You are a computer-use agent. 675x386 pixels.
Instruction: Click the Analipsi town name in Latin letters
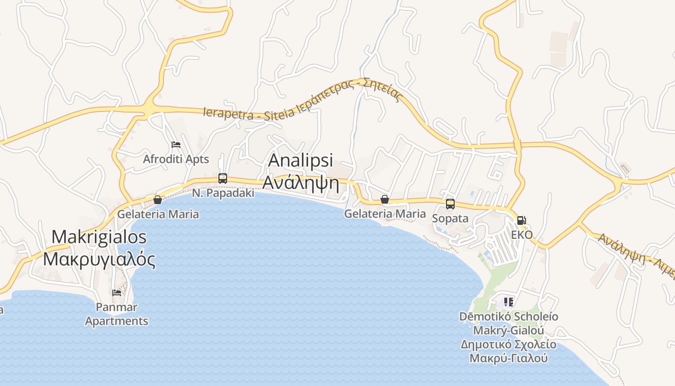click(x=300, y=160)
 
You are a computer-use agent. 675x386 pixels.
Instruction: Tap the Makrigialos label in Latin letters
click(x=99, y=237)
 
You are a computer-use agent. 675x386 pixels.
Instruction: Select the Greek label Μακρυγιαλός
click(x=99, y=260)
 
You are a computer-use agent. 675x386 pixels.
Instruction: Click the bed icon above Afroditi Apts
click(x=176, y=145)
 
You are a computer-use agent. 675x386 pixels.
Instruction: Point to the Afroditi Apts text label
click(x=176, y=159)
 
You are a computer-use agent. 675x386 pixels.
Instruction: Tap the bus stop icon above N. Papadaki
click(x=222, y=178)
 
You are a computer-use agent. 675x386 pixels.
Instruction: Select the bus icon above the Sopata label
click(x=450, y=204)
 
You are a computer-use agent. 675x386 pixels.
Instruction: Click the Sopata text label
click(x=450, y=219)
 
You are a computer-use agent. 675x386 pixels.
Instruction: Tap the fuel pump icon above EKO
click(x=521, y=221)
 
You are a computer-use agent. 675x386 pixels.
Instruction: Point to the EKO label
click(x=522, y=235)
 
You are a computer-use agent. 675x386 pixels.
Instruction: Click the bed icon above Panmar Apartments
click(x=116, y=292)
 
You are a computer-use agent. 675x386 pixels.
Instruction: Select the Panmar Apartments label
click(x=117, y=314)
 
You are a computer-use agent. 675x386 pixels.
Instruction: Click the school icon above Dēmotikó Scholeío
click(x=508, y=303)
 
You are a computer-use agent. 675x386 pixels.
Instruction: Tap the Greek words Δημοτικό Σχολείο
click(x=508, y=345)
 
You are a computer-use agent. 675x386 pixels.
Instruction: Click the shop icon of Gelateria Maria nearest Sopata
click(x=384, y=199)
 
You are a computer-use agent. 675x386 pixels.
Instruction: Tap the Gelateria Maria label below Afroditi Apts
click(x=158, y=214)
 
